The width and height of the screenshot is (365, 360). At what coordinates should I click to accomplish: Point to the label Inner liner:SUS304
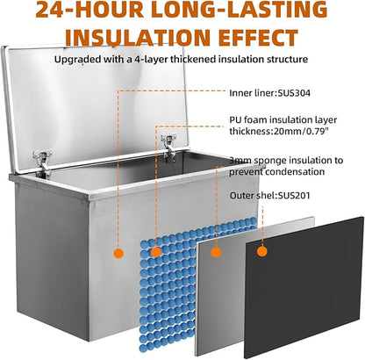269,93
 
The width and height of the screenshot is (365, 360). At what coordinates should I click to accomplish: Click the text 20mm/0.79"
301,131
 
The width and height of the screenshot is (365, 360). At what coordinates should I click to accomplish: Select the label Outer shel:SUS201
269,195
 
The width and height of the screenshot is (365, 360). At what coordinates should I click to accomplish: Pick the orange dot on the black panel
262,251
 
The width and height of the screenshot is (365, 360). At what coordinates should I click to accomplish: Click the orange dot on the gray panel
216,252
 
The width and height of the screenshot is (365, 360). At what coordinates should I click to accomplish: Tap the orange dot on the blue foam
156,252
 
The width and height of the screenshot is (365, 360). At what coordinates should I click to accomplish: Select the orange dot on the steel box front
118,253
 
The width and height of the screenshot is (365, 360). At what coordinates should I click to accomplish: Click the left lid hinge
42,162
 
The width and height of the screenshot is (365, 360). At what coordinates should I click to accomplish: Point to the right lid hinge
168,147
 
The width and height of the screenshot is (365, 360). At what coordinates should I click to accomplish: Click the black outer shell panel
304,287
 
